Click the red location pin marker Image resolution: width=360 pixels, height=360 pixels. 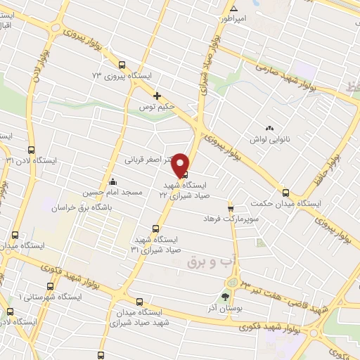181,164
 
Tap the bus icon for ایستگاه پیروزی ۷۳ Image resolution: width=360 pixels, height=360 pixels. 122,64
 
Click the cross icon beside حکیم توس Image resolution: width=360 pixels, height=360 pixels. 157,96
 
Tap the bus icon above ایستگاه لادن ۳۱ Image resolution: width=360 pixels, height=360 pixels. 31,150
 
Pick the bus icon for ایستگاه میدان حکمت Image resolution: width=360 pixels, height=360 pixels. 285,192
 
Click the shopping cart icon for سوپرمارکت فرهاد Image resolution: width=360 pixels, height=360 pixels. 230,207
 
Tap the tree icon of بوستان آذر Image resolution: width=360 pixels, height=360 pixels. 226,296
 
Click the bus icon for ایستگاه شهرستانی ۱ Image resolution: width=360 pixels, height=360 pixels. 49,285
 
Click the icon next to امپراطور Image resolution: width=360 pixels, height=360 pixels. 233,9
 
